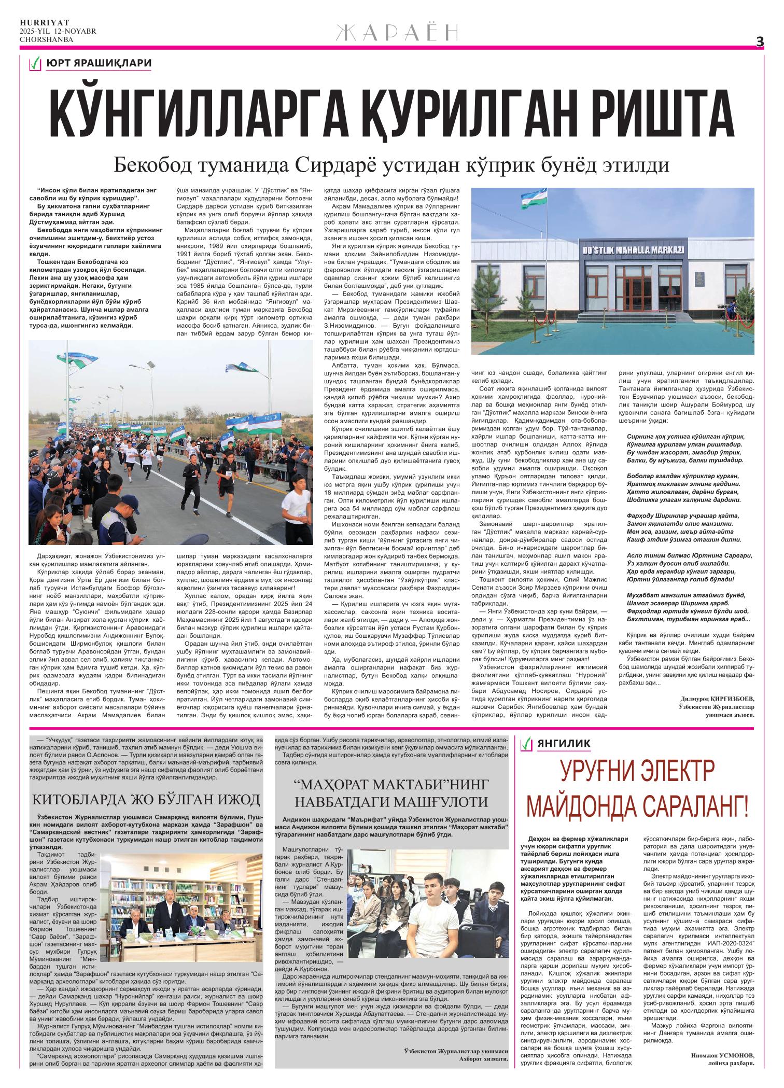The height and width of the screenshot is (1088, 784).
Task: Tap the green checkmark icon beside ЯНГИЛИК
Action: [x=527, y=744]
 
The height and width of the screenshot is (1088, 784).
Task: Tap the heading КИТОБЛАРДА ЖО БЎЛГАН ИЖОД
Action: [x=146, y=798]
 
